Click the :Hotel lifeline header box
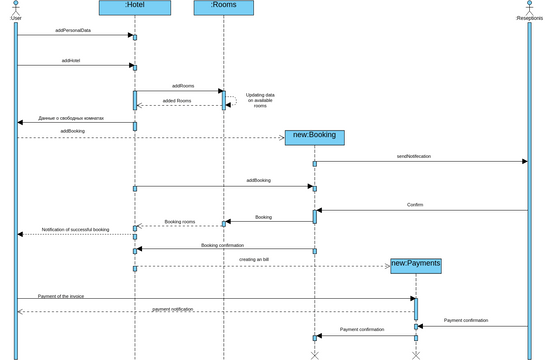tap(135, 7)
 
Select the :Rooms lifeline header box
tap(223, 7)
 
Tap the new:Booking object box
tap(315, 137)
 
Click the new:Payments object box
tap(415, 264)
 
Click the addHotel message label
tap(71, 61)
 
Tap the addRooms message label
tap(183, 86)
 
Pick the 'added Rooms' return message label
tap(176, 101)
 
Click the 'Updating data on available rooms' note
tap(260, 100)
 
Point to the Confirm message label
tap(415, 205)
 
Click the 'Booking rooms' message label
tap(180, 221)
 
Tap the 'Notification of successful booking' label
tap(75, 229)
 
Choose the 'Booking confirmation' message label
tap(222, 244)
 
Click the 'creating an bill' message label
tap(254, 260)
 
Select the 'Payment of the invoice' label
tap(62, 296)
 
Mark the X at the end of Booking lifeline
tap(315, 355)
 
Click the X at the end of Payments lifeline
tap(416, 355)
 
